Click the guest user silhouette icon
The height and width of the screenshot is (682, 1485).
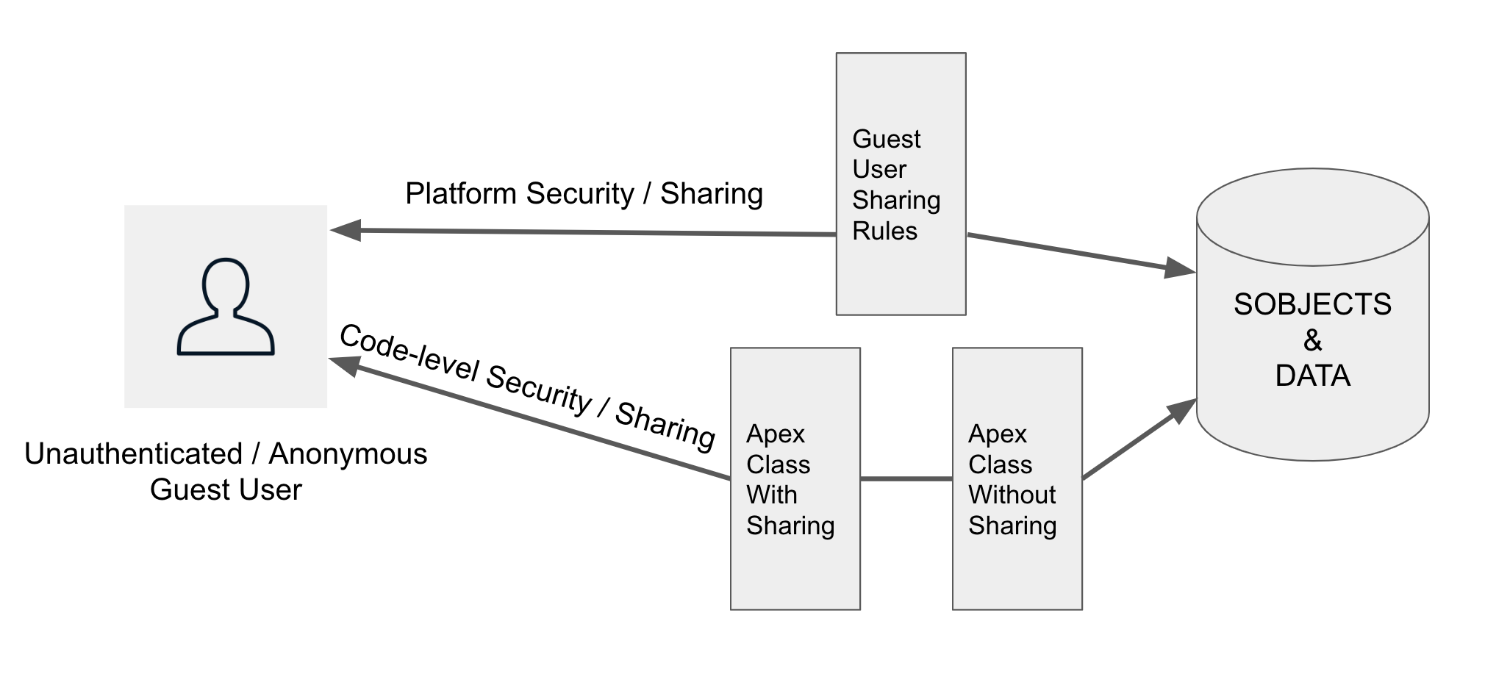pos(226,306)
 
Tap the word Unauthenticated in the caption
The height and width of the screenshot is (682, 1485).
pos(133,454)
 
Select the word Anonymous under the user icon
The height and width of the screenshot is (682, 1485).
pos(348,454)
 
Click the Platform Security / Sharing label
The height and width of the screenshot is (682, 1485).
pos(584,194)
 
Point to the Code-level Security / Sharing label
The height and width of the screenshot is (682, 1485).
pos(527,387)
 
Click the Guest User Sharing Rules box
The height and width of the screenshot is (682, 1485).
pos(901,184)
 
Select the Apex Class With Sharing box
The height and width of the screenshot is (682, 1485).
pos(795,478)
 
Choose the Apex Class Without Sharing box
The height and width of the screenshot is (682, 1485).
pos(1017,478)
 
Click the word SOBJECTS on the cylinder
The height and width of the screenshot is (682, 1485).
pos(1312,304)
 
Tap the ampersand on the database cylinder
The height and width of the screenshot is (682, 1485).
pos(1312,340)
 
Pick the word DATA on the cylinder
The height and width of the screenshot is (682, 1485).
pos(1312,376)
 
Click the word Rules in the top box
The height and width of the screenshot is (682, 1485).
pos(884,231)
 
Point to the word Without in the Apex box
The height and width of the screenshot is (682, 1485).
pos(1012,495)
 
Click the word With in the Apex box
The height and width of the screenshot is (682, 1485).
pos(771,495)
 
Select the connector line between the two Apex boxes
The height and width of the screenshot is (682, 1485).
pos(906,478)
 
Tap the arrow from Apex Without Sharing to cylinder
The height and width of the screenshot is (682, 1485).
pos(1136,441)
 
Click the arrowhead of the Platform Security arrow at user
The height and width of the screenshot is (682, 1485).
pos(346,230)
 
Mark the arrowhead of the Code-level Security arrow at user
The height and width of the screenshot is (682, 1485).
pos(344,364)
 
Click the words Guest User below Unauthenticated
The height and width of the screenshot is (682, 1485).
pos(226,490)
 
